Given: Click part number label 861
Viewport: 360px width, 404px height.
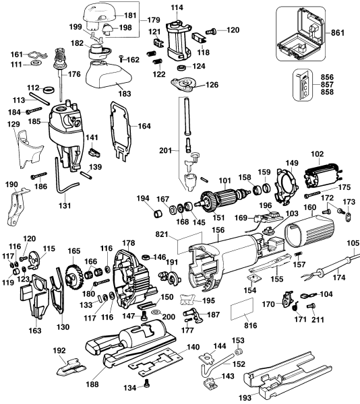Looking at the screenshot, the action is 337,33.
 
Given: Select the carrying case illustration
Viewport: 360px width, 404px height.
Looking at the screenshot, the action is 301,34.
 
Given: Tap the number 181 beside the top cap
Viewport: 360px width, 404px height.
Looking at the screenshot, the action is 130,15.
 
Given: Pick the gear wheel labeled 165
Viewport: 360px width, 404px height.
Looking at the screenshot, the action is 73,277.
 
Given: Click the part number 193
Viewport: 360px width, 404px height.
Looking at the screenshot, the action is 245,398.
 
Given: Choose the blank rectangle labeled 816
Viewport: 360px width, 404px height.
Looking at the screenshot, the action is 242,308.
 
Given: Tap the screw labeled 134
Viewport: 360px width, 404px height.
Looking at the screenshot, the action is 148,384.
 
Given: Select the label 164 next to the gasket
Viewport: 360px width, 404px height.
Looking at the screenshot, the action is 144,126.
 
